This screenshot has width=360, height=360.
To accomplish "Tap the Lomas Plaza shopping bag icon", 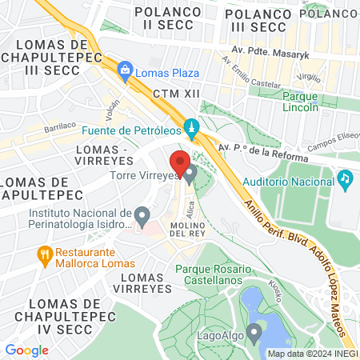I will click(x=125, y=72).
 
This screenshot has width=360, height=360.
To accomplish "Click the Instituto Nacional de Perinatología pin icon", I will click(x=142, y=215).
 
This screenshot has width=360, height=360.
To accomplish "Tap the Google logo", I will click(x=26, y=350).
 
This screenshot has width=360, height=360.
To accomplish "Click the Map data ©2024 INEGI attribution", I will click(x=312, y=354).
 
